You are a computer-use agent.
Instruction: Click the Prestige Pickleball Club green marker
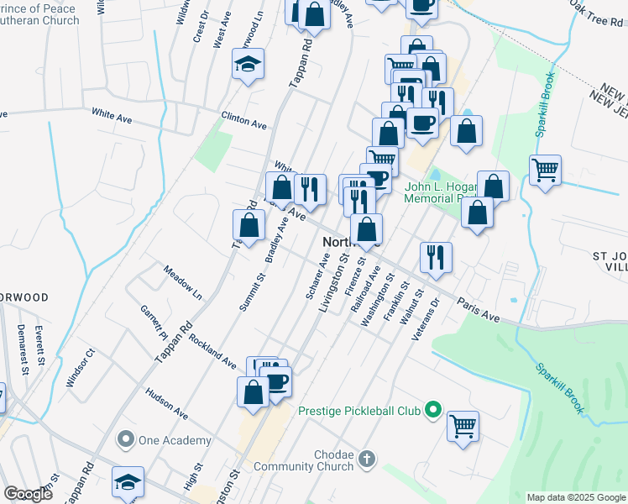[x=433, y=411]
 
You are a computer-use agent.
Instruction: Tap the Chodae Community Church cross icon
[x=365, y=459]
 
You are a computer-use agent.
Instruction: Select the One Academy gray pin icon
[x=126, y=439]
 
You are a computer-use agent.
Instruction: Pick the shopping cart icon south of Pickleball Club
[x=463, y=426]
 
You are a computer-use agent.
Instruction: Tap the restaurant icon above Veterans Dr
[x=436, y=257]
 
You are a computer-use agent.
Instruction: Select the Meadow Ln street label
[x=183, y=284]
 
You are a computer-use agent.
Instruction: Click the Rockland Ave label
[x=213, y=351]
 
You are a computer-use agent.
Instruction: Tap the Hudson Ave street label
[x=166, y=402]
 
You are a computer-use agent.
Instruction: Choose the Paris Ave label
[x=479, y=308]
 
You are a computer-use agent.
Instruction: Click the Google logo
[x=28, y=494]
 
